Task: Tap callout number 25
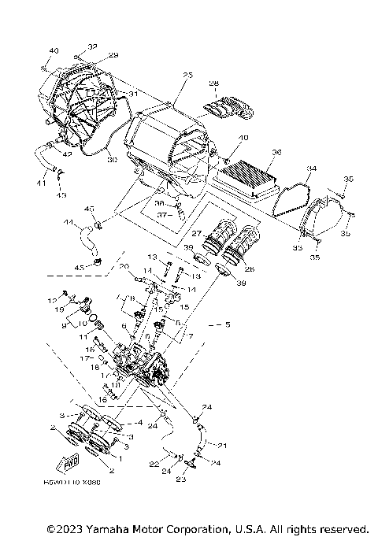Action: [187, 76]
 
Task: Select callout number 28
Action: [213, 83]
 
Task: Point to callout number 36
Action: [276, 153]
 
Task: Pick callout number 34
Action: [312, 169]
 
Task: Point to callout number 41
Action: [41, 183]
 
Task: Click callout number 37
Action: [161, 213]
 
